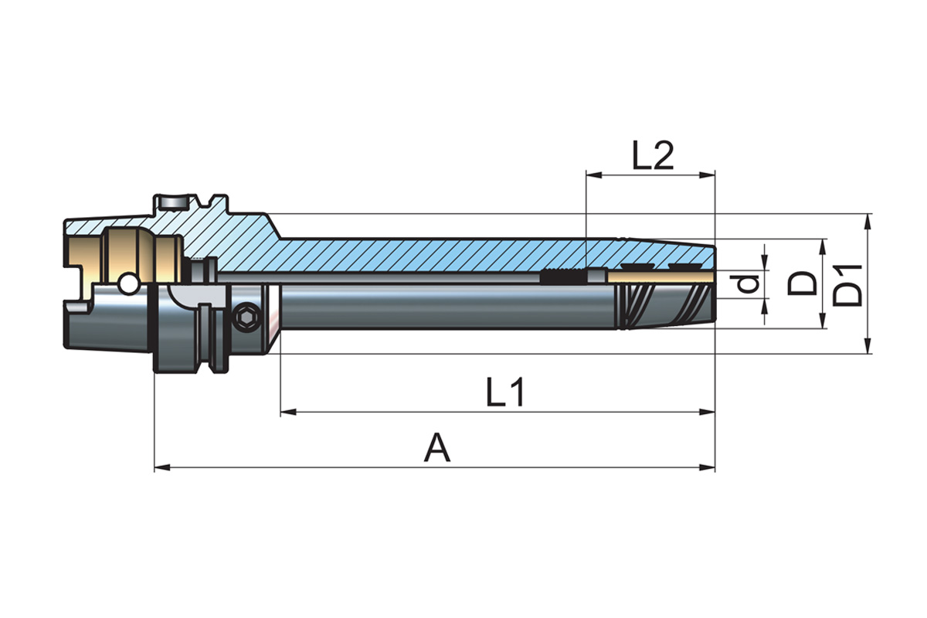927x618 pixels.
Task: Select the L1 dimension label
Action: pyautogui.click(x=506, y=394)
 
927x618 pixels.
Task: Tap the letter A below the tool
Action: pyautogui.click(x=437, y=448)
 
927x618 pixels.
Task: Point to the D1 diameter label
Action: pyautogui.click(x=850, y=284)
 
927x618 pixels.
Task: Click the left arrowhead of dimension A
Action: pyautogui.click(x=161, y=467)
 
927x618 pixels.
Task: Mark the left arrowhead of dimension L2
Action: pyautogui.click(x=592, y=175)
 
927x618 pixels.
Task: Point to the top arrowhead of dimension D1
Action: pyautogui.click(x=869, y=219)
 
